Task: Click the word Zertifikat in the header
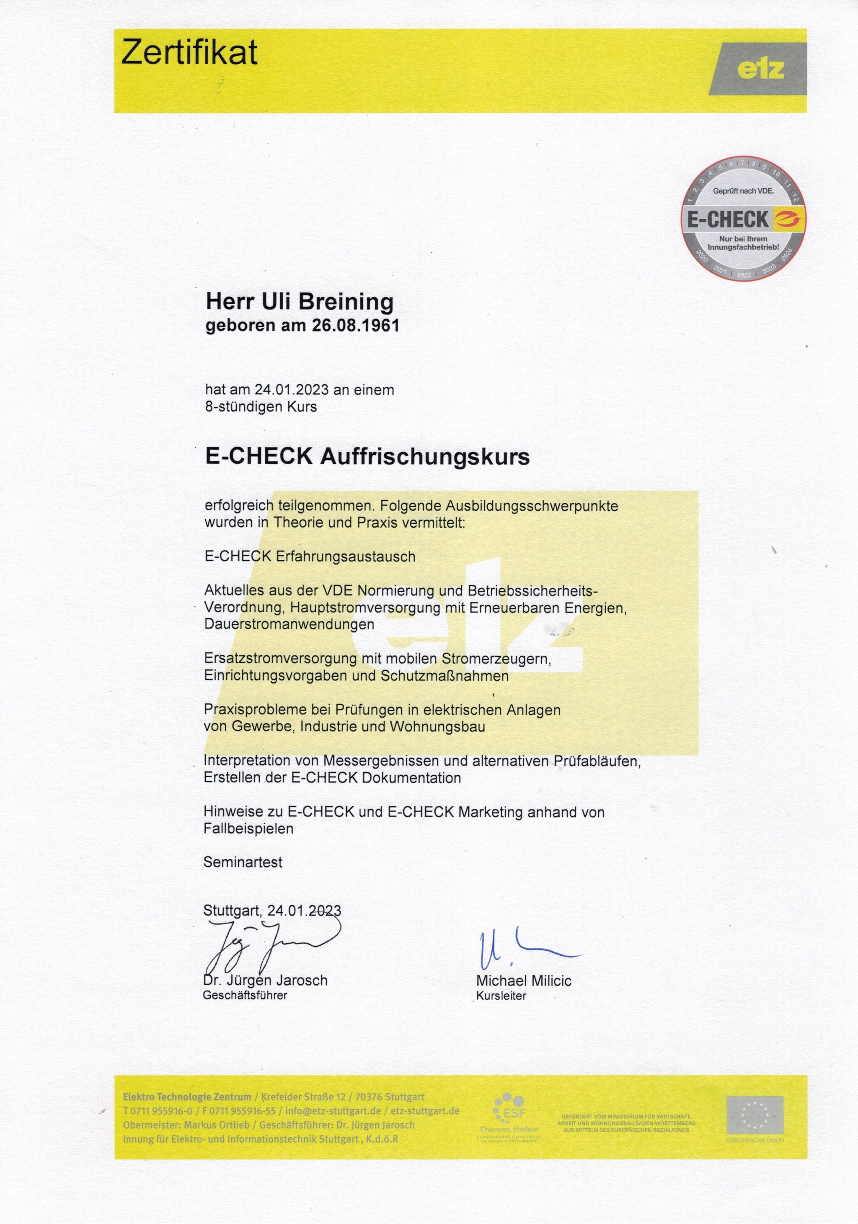[189, 53]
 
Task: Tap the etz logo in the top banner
[760, 69]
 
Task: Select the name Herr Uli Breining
[300, 301]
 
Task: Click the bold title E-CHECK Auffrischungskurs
[367, 456]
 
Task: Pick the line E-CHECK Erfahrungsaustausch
[310, 556]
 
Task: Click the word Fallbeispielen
[248, 828]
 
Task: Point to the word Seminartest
[243, 862]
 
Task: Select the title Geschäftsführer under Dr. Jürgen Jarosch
[245, 995]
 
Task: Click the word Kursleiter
[501, 996]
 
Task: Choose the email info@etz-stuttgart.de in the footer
[333, 1111]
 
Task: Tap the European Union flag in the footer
[755, 1115]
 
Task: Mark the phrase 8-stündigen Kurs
[261, 407]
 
